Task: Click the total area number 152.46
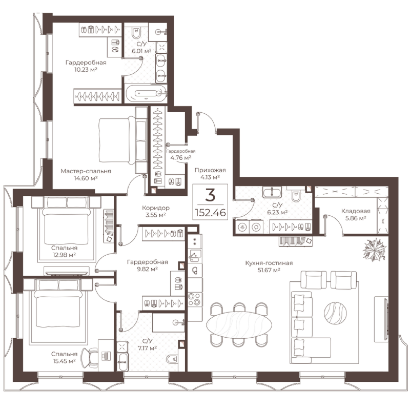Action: [x=210, y=213]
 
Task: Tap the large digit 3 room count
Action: [x=210, y=195]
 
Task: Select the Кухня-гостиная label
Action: [x=269, y=263]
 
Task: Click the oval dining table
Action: [x=239, y=325]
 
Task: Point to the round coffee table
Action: [x=335, y=313]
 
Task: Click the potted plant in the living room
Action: [x=375, y=250]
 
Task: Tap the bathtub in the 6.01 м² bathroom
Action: [x=146, y=93]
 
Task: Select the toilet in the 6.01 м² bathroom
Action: [x=136, y=32]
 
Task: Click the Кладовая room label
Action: [x=356, y=211]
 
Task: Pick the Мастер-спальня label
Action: [x=86, y=171]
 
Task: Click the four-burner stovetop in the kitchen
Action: [x=195, y=299]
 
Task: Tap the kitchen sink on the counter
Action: [x=195, y=256]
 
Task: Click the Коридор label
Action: [x=156, y=208]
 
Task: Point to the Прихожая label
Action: [x=210, y=170]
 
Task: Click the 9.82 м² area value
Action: [x=147, y=269]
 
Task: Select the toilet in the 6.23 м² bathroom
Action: [x=296, y=196]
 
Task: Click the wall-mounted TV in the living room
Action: [x=386, y=319]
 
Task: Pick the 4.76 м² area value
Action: [x=181, y=158]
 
